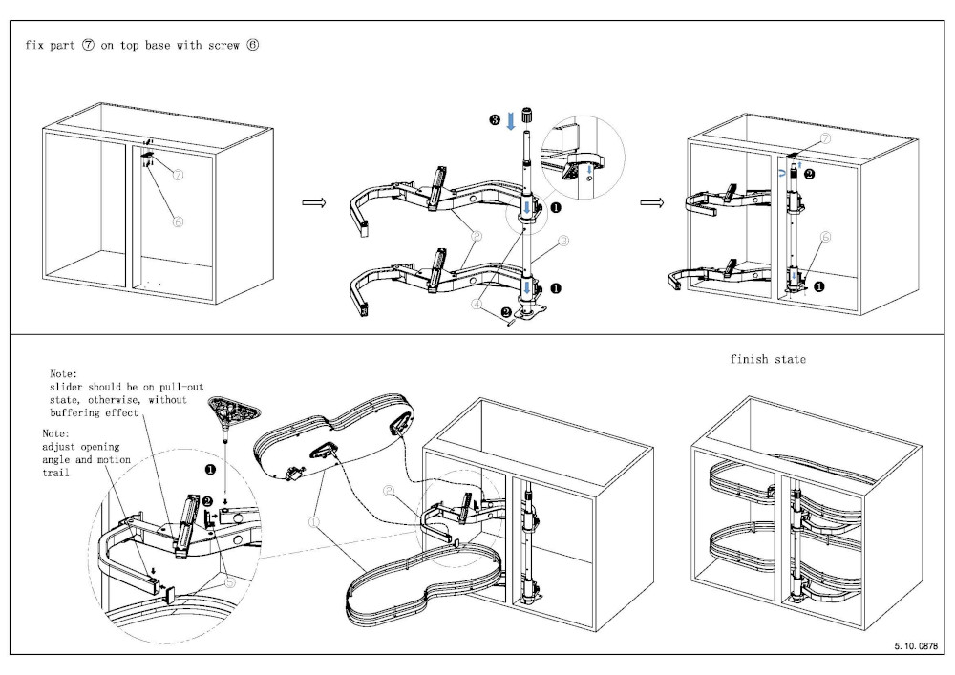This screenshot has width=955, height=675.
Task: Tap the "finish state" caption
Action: [768, 359]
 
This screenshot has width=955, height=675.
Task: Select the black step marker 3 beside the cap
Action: [493, 119]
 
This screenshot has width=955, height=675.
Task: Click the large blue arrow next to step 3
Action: [512, 120]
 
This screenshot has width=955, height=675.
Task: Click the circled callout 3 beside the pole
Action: [563, 243]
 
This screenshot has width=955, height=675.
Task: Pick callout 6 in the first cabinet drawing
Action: [178, 221]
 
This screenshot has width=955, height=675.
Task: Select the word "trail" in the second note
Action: [55, 472]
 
